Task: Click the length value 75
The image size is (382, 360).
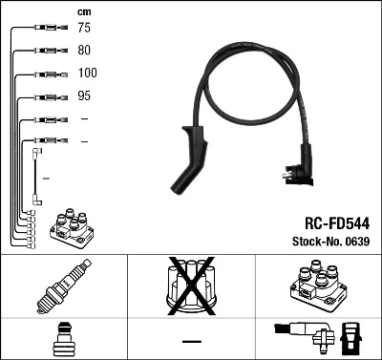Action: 85,29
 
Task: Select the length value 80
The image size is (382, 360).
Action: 85,51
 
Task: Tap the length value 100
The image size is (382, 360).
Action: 88,74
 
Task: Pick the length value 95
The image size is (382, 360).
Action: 85,96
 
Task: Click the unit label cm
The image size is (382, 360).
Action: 84,11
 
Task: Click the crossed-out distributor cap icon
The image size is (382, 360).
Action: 191,286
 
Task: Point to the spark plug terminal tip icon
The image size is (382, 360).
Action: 63,338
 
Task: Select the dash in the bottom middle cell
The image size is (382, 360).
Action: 191,340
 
